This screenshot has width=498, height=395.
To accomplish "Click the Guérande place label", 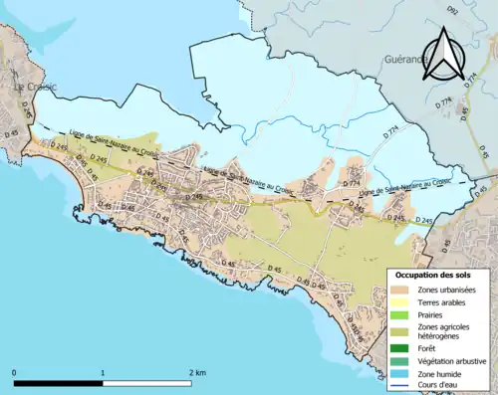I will (404, 60).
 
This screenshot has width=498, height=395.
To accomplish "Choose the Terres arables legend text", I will (442, 301).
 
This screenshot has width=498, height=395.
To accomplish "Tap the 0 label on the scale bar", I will (15, 372).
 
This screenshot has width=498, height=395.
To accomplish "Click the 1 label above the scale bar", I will (104, 372).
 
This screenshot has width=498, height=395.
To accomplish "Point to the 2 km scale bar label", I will (197, 372).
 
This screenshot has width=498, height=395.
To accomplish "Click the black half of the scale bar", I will (59, 383).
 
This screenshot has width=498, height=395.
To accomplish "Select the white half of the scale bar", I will (147, 383).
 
